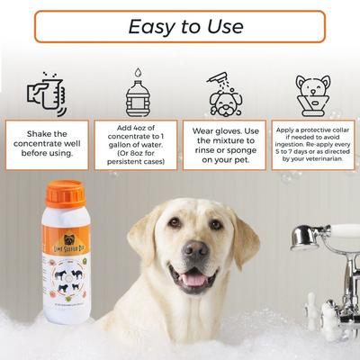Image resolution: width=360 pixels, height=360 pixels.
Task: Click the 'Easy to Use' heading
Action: point(180,26)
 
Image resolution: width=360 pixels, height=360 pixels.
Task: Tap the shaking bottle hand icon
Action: point(45,91)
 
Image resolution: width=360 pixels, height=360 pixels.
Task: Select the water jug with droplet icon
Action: point(138,91)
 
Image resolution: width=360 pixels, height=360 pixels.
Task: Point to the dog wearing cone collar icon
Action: point(312,94)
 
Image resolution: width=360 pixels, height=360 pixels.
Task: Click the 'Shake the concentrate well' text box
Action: point(46,144)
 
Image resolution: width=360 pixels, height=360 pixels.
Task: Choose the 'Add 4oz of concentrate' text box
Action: point(136,144)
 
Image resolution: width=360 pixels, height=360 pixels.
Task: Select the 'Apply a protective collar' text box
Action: point(312,144)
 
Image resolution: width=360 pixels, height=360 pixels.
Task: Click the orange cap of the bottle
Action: point(64,194)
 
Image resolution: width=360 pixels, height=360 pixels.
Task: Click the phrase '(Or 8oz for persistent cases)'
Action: point(136,159)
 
